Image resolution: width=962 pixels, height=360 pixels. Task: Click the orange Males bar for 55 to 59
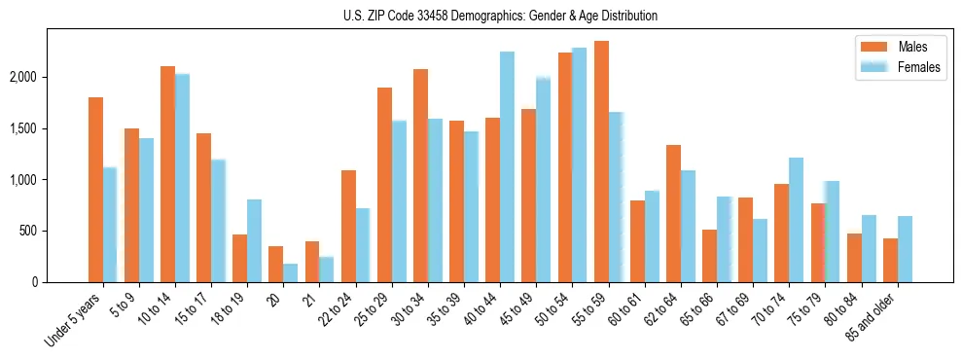(x=601, y=162)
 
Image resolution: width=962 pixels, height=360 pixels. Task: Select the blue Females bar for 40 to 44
(x=508, y=166)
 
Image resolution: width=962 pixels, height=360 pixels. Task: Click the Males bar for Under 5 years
(x=95, y=190)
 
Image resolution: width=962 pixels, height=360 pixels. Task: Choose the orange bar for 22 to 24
(x=348, y=226)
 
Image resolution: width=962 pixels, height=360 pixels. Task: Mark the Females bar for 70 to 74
(x=797, y=220)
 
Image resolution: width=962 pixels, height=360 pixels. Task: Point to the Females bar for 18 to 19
(x=254, y=240)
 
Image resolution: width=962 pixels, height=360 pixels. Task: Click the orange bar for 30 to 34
(x=420, y=175)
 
